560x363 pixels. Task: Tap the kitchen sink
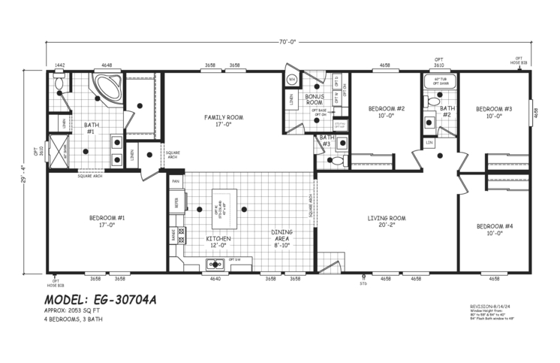tap(215, 264)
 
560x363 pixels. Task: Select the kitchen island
tap(225, 210)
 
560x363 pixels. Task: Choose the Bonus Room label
tap(314, 99)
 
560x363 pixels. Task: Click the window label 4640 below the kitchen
tap(215, 279)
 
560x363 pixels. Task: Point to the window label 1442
tap(60, 65)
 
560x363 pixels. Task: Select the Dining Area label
tap(282, 237)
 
